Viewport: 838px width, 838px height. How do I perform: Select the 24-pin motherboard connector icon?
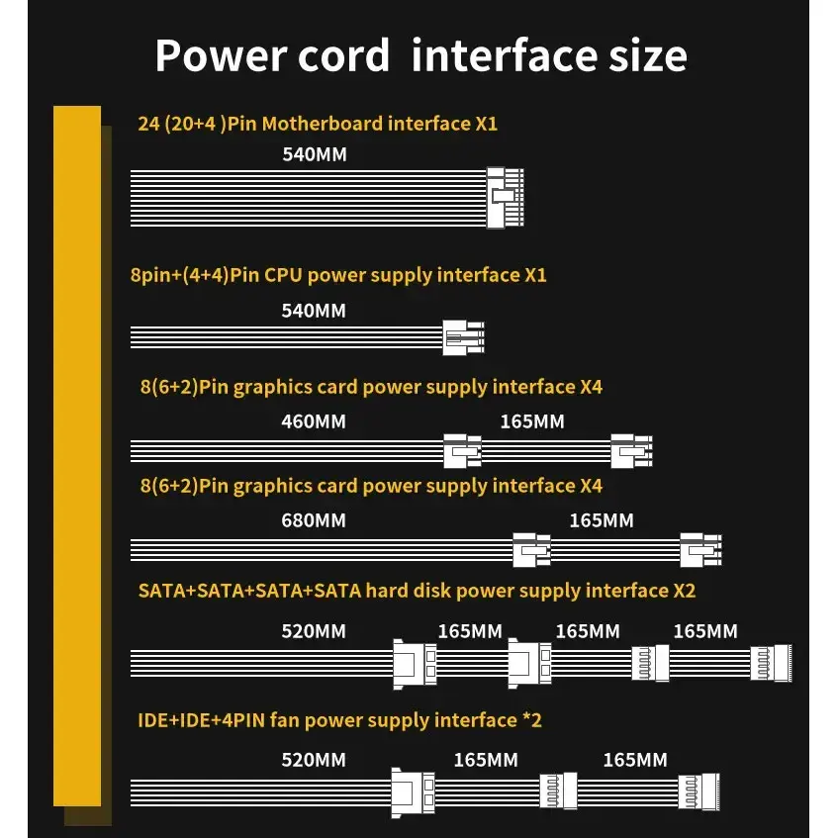click(506, 198)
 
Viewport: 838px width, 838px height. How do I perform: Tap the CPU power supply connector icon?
click(463, 339)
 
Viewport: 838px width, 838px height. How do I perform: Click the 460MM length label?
click(314, 421)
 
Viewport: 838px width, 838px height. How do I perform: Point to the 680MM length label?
click(314, 520)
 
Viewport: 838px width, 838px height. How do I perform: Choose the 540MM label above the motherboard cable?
click(314, 154)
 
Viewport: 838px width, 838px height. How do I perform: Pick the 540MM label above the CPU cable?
click(314, 311)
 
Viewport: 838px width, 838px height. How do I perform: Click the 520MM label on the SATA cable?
click(314, 631)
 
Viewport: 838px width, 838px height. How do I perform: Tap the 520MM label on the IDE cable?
click(314, 760)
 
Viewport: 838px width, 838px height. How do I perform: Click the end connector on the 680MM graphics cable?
click(700, 549)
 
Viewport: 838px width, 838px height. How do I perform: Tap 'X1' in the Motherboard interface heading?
click(485, 124)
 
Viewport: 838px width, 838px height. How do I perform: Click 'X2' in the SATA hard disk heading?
click(684, 591)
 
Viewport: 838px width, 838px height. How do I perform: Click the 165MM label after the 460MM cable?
click(532, 421)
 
